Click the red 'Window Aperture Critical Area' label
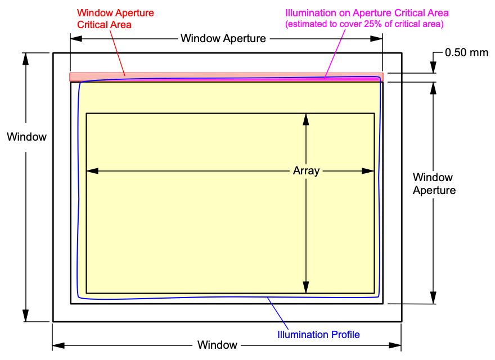(115, 18)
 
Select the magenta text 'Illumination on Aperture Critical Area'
(367, 13)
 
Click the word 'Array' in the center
(306, 170)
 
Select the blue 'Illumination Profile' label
(318, 335)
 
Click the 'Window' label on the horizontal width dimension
(217, 345)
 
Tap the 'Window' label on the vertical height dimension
(26, 137)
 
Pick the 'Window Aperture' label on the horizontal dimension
(223, 39)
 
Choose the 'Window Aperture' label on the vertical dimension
(434, 183)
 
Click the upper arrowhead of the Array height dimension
(305, 119)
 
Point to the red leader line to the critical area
(118, 51)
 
